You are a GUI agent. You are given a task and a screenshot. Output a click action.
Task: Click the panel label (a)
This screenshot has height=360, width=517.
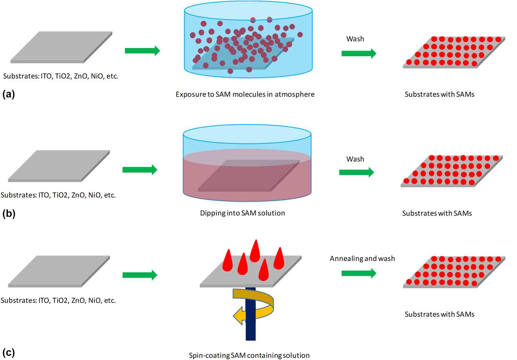[8, 94]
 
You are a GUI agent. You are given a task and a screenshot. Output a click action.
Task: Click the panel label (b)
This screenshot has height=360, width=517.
[8, 213]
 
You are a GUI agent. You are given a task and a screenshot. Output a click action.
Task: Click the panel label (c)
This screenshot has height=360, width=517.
[8, 352]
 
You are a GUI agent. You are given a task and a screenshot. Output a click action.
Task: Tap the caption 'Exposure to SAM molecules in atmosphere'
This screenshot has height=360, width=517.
[245, 94]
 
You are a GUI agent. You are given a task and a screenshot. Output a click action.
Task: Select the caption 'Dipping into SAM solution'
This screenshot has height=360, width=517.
[242, 213]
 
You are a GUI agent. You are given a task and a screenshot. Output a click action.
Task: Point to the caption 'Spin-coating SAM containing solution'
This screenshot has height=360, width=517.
[249, 355]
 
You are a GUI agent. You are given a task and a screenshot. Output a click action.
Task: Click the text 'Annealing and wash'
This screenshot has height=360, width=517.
[362, 258]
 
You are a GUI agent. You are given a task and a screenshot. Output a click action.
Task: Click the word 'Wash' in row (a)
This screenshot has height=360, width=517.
[355, 39]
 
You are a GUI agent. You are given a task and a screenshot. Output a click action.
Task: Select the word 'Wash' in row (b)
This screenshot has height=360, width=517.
[355, 159]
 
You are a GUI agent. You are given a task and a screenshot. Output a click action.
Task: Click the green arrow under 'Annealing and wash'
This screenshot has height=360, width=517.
[358, 273]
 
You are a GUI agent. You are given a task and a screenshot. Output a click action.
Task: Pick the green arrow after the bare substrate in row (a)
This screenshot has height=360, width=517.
[142, 50]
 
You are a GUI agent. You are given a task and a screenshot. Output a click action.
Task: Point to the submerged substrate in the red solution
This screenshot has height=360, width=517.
[248, 175]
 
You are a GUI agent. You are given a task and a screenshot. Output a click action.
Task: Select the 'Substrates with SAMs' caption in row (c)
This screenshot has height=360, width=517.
[439, 314]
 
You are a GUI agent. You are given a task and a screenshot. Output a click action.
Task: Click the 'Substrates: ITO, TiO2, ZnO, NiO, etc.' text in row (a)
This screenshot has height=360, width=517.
[61, 76]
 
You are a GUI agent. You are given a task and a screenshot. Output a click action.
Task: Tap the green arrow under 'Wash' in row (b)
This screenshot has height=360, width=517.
[356, 172]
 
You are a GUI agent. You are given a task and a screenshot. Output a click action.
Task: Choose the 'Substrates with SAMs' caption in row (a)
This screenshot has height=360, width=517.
[439, 94]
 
